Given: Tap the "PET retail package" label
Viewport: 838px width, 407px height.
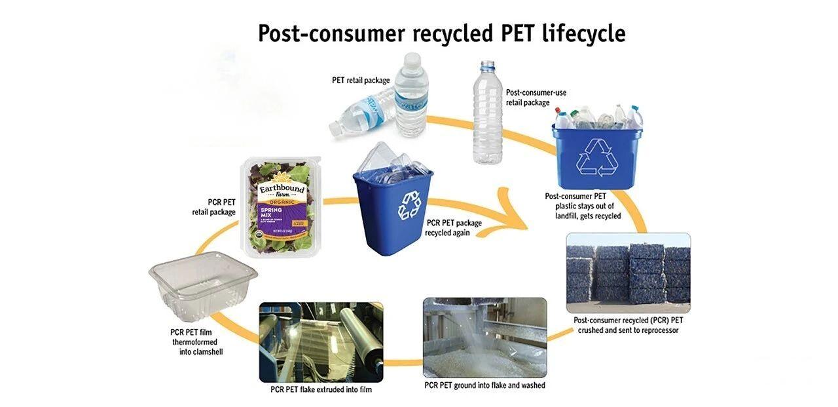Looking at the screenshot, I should coord(361,81).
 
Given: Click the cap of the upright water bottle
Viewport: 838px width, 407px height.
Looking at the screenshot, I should coord(410,59).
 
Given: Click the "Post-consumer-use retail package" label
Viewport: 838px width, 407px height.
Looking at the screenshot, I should coord(536,98).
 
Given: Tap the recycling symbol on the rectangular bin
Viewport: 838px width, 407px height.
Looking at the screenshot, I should coord(596,157).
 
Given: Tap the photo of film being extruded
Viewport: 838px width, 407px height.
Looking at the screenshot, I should coord(321,342).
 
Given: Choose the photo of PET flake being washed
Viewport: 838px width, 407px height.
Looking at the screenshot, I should coord(484,338).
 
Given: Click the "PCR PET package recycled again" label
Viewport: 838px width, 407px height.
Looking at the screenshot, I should coord(453,227).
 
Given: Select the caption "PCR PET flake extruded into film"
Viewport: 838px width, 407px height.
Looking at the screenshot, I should coord(321,390).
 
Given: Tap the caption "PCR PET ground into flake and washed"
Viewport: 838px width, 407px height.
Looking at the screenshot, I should coord(484,385).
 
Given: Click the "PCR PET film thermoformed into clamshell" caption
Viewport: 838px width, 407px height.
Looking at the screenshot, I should coord(194,341).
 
